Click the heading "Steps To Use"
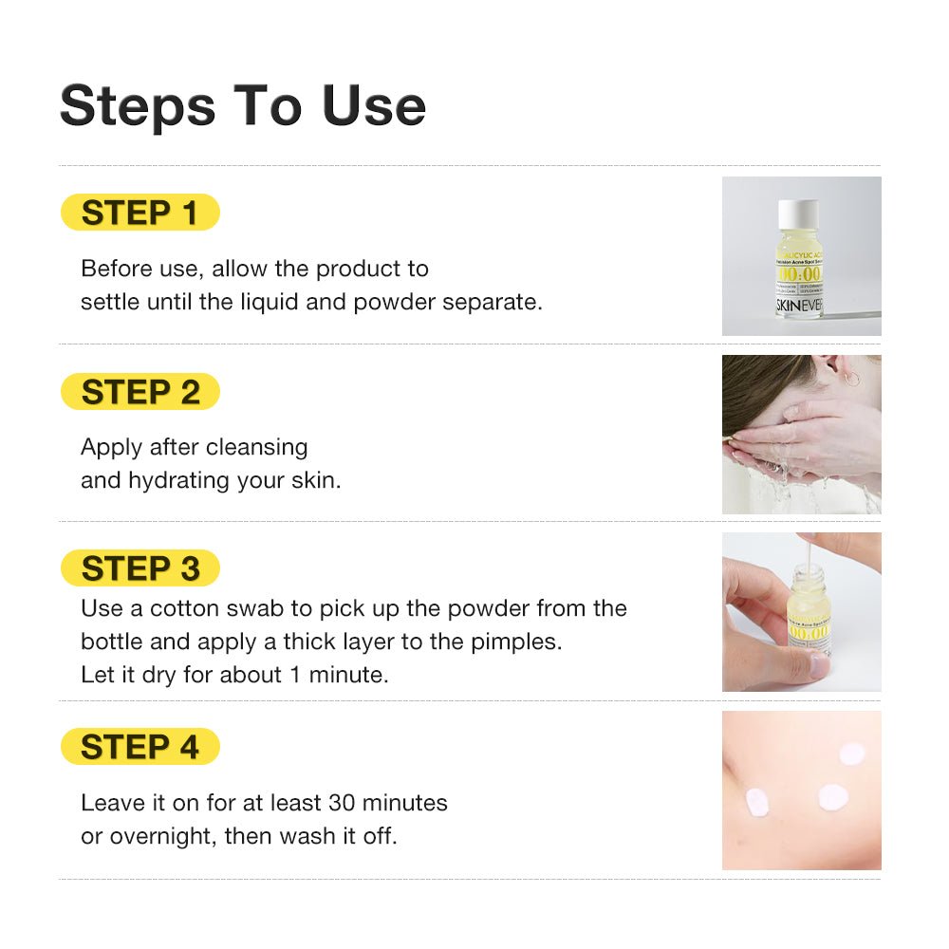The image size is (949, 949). tap(242, 105)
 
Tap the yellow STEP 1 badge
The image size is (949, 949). tap(140, 213)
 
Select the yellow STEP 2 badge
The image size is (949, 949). tap(140, 391)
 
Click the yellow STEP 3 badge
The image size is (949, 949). tap(140, 568)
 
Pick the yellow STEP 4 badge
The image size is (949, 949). tap(140, 747)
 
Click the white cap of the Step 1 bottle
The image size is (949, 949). tap(798, 214)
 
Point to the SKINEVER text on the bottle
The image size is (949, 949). tap(799, 306)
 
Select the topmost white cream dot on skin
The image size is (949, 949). tap(851, 754)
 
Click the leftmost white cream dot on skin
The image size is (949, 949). tap(757, 803)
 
